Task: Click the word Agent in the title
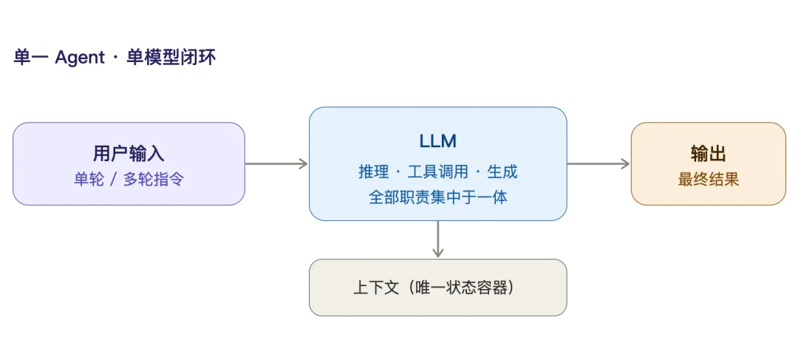pos(80,58)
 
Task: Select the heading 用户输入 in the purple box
pos(129,153)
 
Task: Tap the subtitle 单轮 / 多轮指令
pos(129,179)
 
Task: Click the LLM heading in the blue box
pos(437,141)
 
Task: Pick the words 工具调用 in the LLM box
pos(437,172)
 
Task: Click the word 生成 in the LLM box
pos(502,172)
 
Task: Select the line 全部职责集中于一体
pos(437,197)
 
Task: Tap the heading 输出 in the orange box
pos(708,153)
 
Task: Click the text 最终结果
pos(708,179)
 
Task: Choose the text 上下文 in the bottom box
pos(375,288)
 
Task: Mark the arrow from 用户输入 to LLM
pos(276,163)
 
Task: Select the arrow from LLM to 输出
pos(598,163)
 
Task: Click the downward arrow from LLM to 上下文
pos(437,240)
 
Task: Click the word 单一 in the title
pos(31,58)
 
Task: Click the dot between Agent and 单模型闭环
pos(115,58)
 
